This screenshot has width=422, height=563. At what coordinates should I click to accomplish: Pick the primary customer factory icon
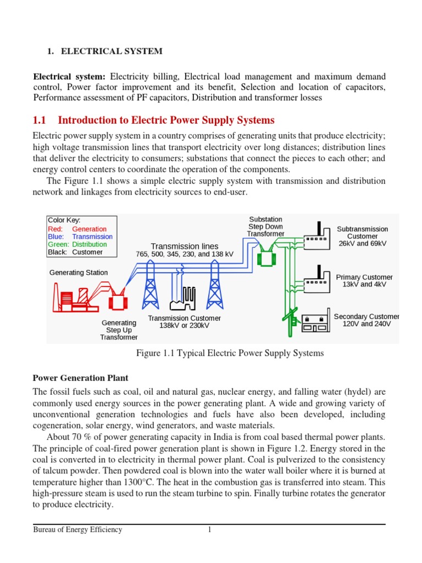[x=316, y=279]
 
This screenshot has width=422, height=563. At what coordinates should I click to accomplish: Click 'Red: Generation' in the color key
[x=77, y=229]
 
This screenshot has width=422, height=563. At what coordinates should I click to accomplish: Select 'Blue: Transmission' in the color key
[x=80, y=236]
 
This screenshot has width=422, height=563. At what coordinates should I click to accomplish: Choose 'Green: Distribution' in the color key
[x=77, y=244]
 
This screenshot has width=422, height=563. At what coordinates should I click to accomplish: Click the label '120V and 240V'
[x=366, y=324]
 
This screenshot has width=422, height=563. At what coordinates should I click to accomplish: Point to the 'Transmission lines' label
[x=185, y=246]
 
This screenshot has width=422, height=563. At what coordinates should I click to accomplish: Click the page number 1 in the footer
[x=209, y=530]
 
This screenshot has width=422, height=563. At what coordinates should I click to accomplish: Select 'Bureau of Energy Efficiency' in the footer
[x=77, y=530]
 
